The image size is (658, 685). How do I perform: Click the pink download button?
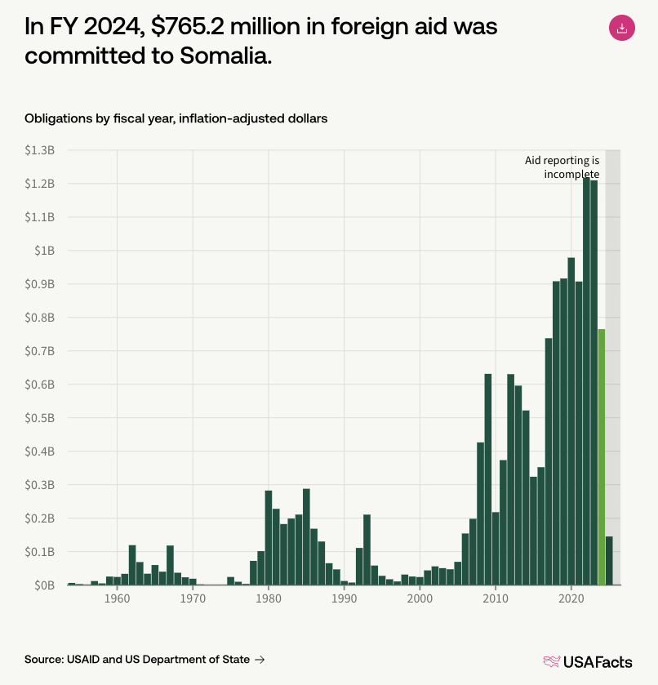point(621,29)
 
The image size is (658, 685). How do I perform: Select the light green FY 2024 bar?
point(602,457)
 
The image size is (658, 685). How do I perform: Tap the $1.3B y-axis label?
point(39,151)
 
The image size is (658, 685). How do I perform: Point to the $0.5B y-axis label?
point(39,418)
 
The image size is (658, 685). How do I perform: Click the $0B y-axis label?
point(43,585)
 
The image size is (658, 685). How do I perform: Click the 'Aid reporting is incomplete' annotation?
point(562,167)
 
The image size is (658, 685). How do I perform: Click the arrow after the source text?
point(260,659)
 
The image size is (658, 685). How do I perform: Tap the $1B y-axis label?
point(44,251)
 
